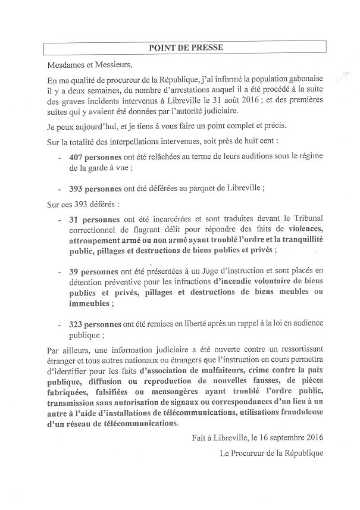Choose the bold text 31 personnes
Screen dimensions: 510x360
(x=95, y=220)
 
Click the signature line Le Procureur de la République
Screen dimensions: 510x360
(x=271, y=454)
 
